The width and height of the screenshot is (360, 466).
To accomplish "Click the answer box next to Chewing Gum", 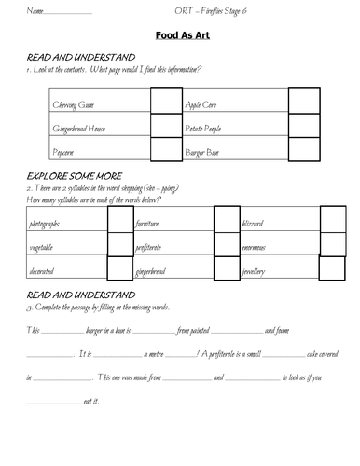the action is click(x=164, y=101).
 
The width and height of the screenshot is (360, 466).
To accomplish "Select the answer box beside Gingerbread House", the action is click(x=164, y=125).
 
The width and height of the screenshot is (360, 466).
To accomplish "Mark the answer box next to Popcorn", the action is click(x=164, y=148).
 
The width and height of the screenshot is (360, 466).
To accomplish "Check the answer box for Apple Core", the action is click(x=304, y=101).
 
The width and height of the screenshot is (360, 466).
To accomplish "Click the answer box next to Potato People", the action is click(x=304, y=125).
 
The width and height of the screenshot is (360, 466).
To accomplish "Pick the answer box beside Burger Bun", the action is click(x=304, y=148).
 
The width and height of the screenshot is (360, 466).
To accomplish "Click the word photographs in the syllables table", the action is click(x=47, y=225).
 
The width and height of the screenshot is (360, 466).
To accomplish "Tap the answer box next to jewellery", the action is click(x=333, y=269).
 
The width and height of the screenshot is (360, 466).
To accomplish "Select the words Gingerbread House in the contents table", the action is click(x=85, y=125).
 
